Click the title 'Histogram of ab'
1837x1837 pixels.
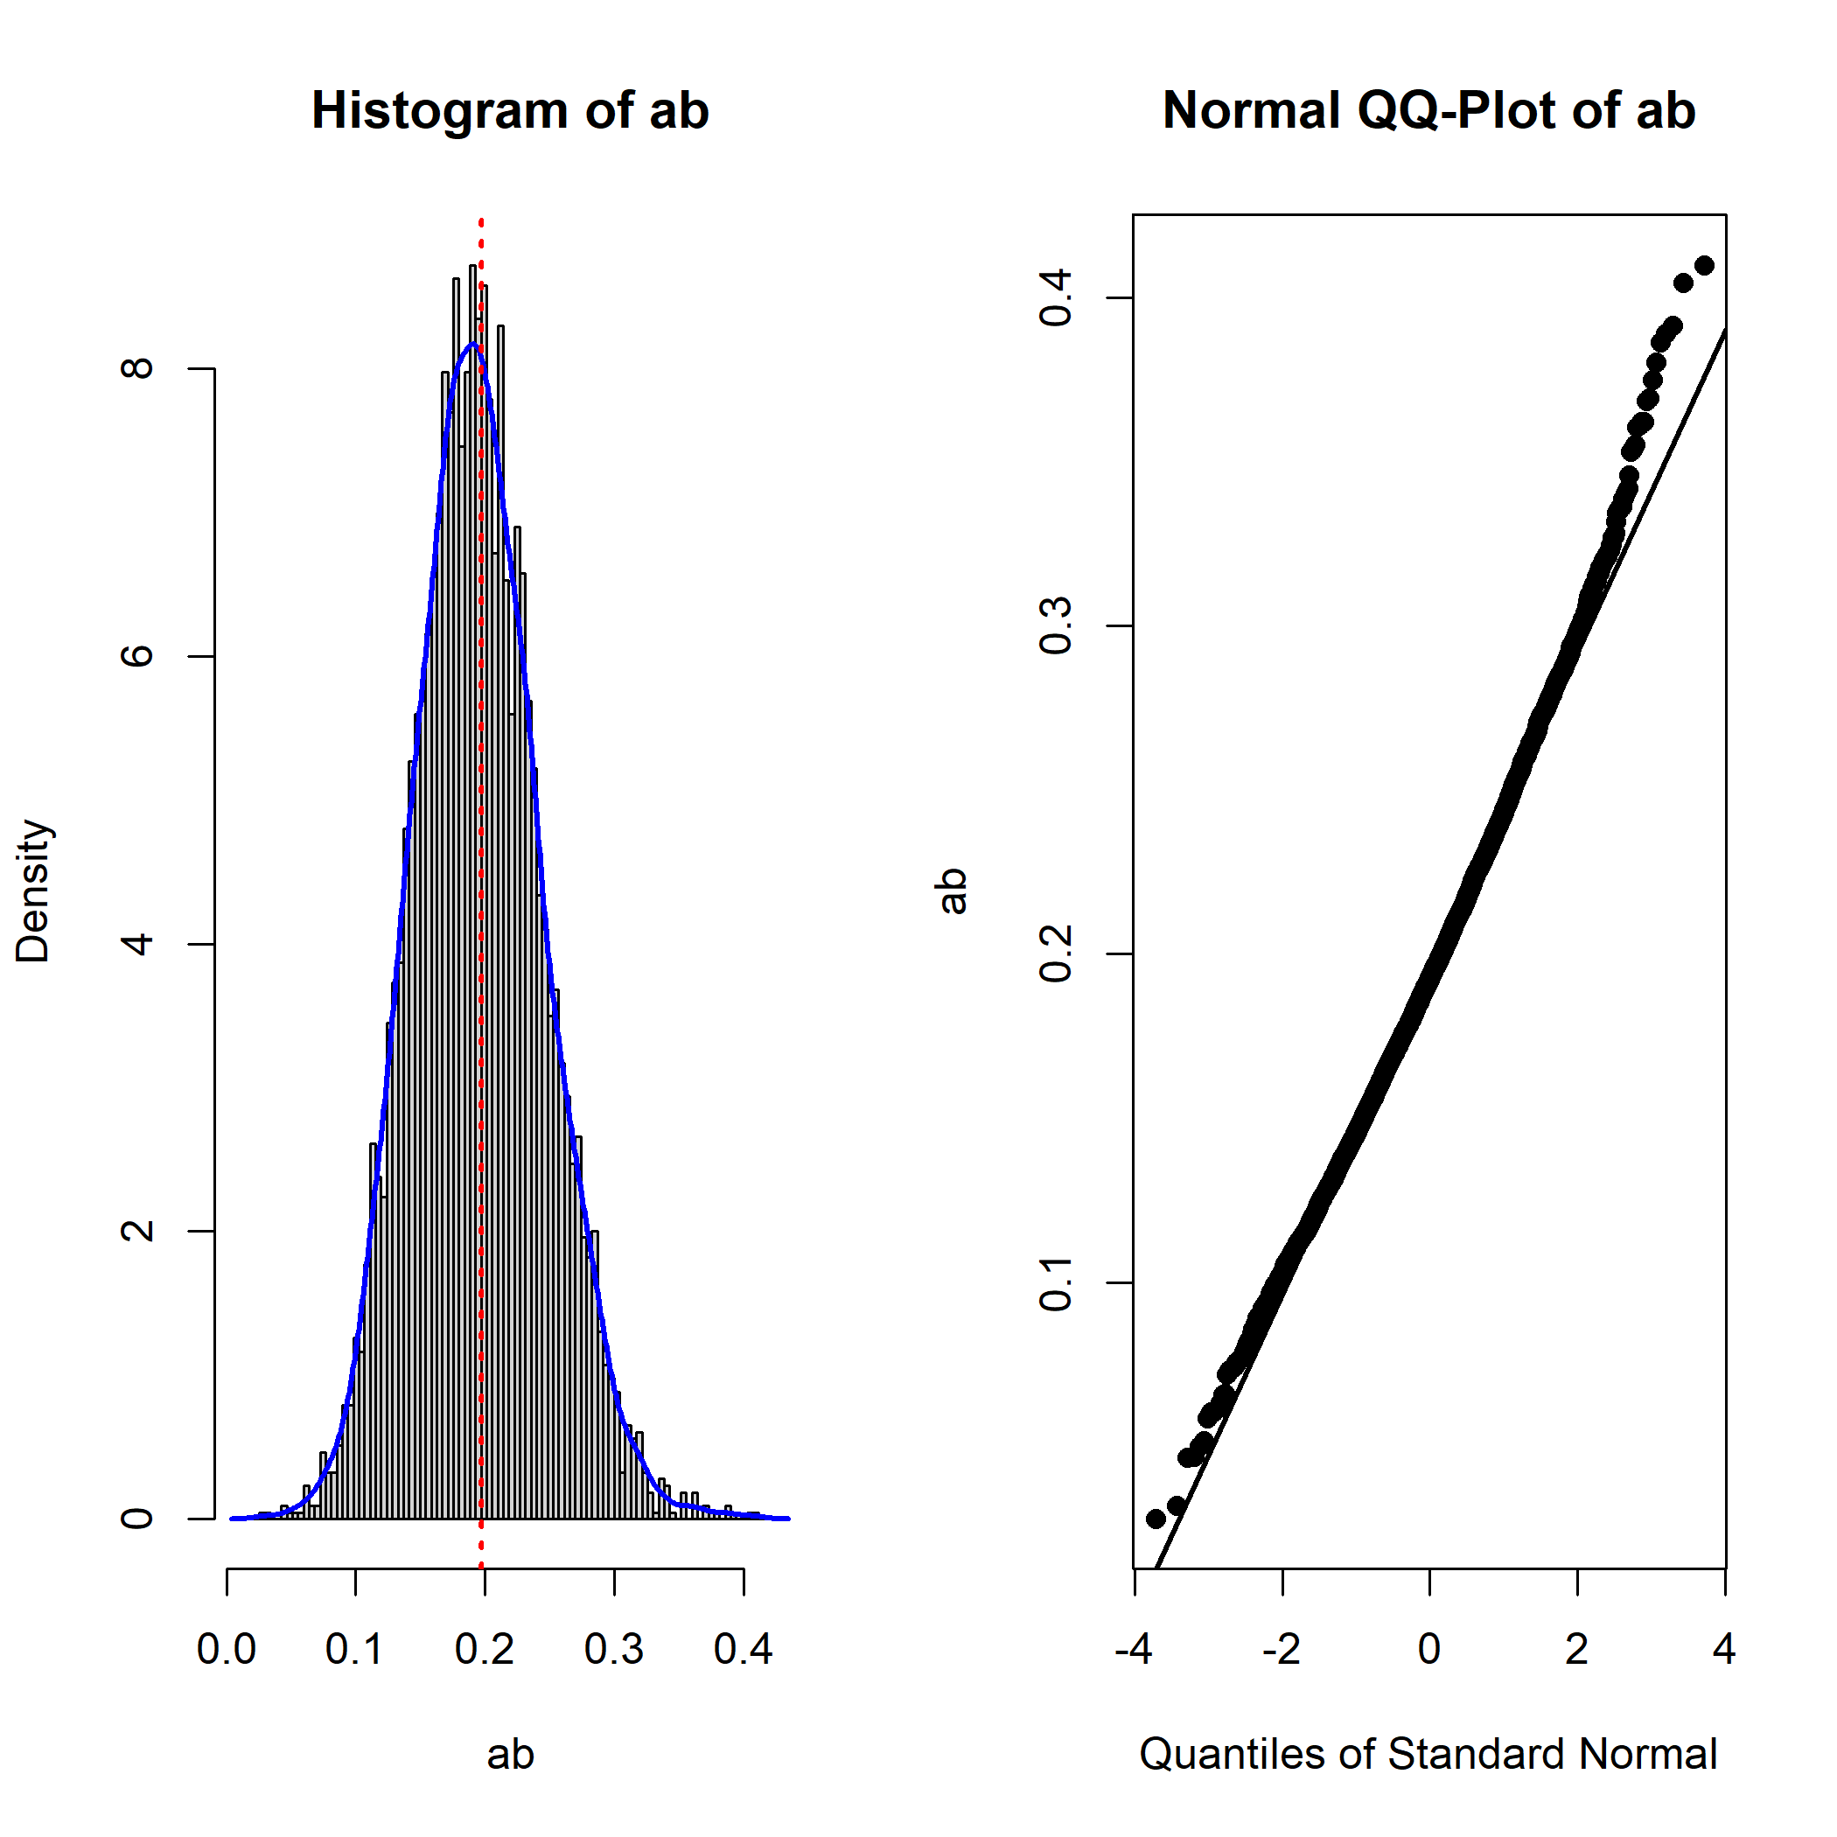[510, 110]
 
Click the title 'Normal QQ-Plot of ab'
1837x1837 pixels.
[1428, 110]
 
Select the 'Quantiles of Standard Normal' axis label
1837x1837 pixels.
[1428, 1754]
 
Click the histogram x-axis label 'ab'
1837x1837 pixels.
[510, 1754]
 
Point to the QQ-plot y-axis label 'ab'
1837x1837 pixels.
[952, 891]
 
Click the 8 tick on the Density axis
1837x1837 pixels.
[139, 368]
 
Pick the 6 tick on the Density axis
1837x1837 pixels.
[139, 656]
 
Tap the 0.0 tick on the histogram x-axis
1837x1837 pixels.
[227, 1650]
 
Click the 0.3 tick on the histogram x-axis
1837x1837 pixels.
[614, 1650]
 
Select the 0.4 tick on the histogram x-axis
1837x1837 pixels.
[744, 1650]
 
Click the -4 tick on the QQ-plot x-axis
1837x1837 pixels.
[1134, 1650]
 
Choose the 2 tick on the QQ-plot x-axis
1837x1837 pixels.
[1576, 1650]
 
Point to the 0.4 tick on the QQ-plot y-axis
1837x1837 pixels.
[1056, 297]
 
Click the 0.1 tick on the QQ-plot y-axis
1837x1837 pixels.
[1056, 1282]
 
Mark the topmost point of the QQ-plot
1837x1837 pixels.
[1704, 265]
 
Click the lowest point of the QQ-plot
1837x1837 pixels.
[1156, 1519]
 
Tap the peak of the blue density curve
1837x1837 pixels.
[471, 344]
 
